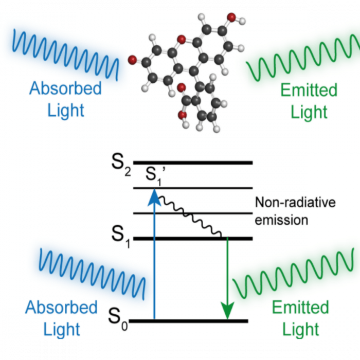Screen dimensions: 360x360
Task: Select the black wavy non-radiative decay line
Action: click(190, 216)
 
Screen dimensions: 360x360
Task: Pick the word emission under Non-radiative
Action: click(281, 220)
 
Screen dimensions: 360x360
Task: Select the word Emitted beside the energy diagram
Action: click(300, 308)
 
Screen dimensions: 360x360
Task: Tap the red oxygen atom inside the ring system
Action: click(181, 39)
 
